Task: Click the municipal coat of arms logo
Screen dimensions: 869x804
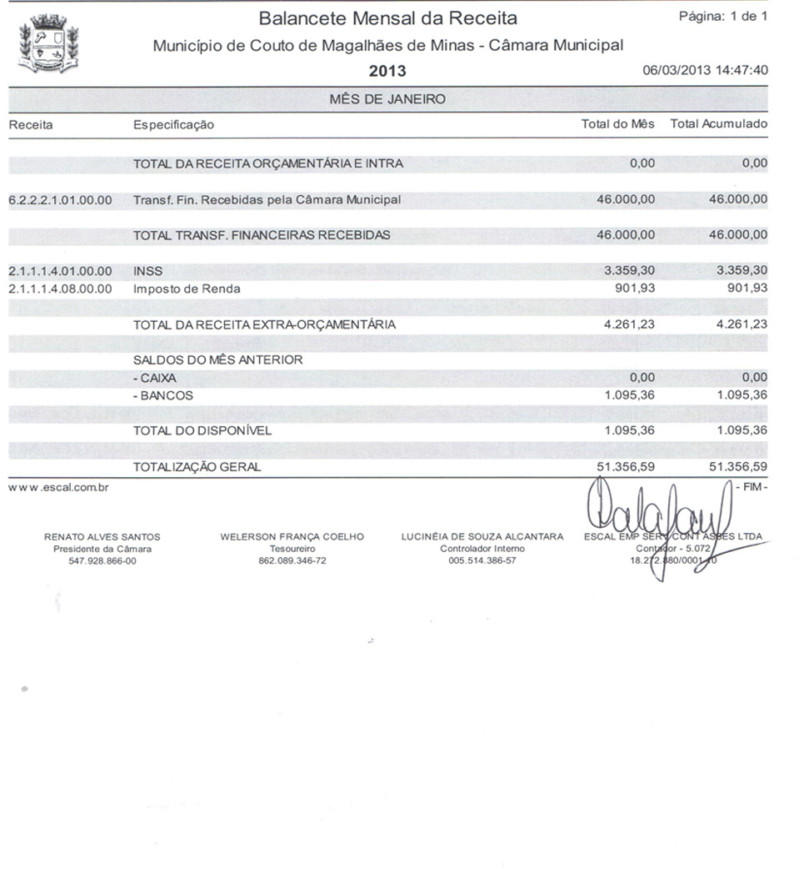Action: [x=48, y=45]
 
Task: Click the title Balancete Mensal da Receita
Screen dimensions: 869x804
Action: [x=387, y=18]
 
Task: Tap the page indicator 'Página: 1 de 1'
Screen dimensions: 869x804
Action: [x=723, y=17]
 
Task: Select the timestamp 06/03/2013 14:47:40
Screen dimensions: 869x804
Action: [x=705, y=70]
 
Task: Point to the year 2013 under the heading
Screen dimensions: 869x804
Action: [x=387, y=71]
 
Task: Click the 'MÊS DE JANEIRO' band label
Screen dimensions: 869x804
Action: [x=387, y=99]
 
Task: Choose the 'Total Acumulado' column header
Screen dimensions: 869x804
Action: [x=718, y=124]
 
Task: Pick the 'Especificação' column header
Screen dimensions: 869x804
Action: [x=173, y=125]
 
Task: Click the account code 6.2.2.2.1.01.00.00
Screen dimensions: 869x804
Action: [x=59, y=200]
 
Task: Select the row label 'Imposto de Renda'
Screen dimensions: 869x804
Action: [x=187, y=289]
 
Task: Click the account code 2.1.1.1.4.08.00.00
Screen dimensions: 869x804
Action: [x=59, y=289]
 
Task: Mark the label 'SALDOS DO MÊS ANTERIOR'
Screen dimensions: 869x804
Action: [x=217, y=360]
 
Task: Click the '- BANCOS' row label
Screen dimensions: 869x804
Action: [x=162, y=395]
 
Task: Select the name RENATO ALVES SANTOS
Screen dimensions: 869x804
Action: [x=102, y=537]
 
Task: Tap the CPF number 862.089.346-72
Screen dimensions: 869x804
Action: [x=292, y=560]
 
